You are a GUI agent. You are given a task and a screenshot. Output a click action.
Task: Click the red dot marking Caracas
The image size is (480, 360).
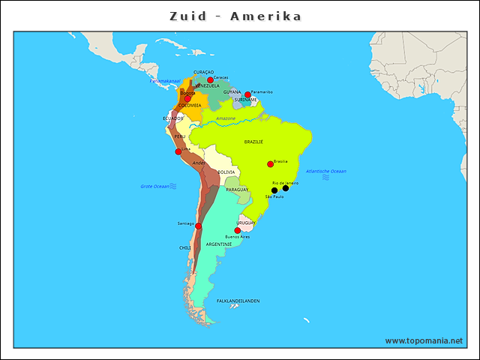click(x=210, y=80)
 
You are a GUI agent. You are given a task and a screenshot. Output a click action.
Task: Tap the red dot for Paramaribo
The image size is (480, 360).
click(x=247, y=95)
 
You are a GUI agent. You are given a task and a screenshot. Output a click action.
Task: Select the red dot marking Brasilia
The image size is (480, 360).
click(x=270, y=164)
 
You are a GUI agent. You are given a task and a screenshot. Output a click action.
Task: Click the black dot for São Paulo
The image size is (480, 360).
click(x=274, y=190)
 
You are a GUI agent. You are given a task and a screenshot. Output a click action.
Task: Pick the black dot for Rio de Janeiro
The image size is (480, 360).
click(x=286, y=188)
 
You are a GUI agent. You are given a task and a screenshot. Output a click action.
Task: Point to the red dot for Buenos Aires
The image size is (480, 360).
click(x=238, y=231)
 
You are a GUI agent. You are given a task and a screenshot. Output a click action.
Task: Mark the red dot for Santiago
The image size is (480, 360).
click(x=198, y=226)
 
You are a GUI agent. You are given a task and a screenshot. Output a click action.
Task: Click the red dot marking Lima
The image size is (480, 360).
click(x=178, y=151)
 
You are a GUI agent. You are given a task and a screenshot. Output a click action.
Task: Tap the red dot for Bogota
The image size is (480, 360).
click(x=187, y=98)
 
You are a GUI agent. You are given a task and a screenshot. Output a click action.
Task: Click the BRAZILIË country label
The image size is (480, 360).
click(x=253, y=142)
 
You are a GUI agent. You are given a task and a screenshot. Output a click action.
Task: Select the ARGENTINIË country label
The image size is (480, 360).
click(x=218, y=244)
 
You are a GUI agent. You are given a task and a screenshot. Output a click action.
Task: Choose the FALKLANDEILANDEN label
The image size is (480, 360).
click(x=238, y=301)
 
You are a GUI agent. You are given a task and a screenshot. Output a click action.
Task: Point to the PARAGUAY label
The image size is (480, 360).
click(x=237, y=190)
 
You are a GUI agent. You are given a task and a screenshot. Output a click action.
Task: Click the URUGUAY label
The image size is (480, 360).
click(x=246, y=223)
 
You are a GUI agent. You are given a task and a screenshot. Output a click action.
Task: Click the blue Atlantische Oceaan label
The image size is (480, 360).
click(x=325, y=172)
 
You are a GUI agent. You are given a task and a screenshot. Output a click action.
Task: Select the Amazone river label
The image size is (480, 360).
click(x=226, y=118)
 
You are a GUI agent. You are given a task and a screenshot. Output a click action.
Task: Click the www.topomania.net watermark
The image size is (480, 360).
click(x=424, y=340)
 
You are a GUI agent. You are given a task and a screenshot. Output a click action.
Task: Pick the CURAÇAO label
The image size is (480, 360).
click(x=203, y=72)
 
